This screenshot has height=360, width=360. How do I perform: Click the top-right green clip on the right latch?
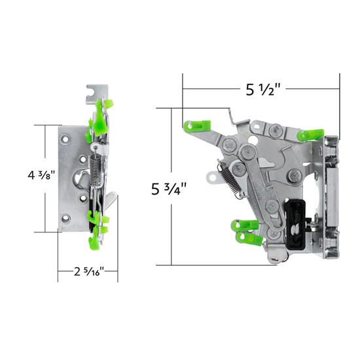point(308,133)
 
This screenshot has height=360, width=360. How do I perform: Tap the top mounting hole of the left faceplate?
point(69,138)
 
